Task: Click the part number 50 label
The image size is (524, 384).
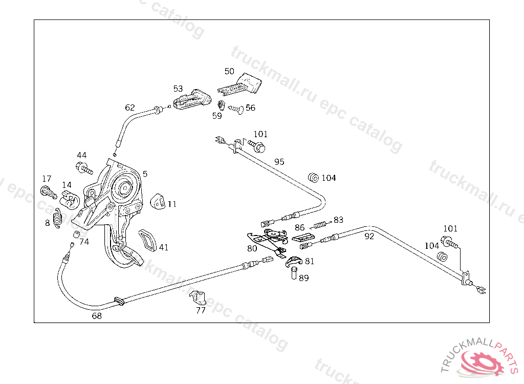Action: [x=229, y=71]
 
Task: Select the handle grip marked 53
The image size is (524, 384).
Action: [x=192, y=99]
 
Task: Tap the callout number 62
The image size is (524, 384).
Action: [x=129, y=108]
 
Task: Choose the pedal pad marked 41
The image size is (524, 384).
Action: [x=148, y=240]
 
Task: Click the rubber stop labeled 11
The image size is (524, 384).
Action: [x=158, y=202]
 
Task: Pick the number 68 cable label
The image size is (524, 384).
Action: [x=97, y=316]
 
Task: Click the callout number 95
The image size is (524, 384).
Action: [x=279, y=162]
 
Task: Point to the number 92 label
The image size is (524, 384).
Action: [x=369, y=237]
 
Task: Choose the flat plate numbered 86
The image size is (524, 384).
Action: [x=303, y=237]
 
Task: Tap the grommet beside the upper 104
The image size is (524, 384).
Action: [x=314, y=178]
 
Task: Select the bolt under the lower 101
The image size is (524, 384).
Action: [x=449, y=242]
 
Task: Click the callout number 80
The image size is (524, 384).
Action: [x=252, y=248]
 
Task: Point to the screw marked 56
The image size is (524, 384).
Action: [x=236, y=109]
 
